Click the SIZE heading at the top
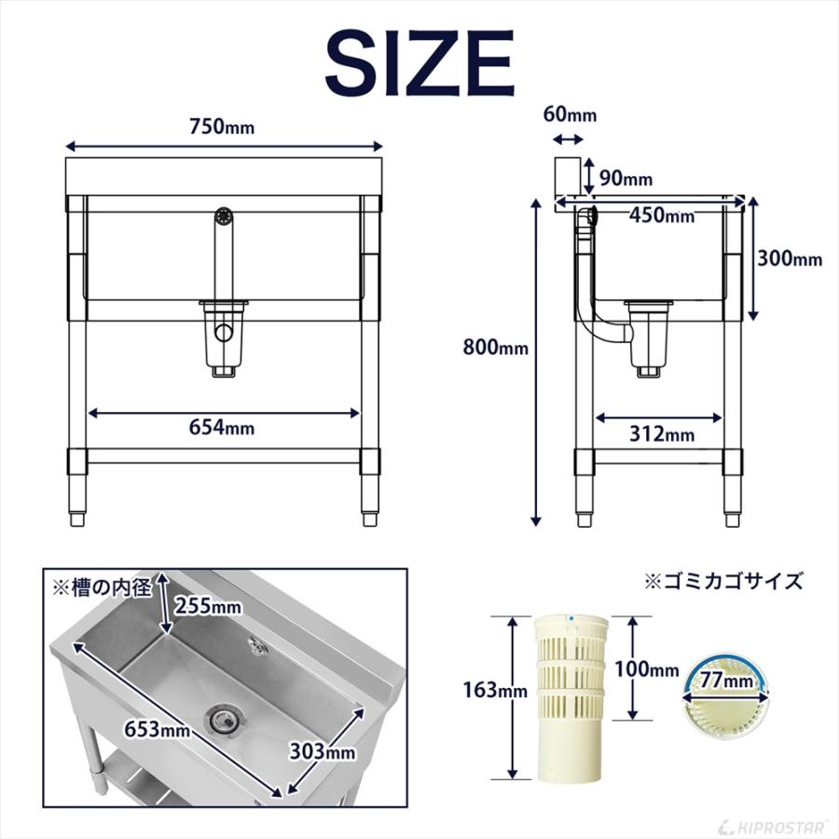[x=419, y=62]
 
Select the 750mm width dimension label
[x=224, y=128]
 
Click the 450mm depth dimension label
[x=661, y=215]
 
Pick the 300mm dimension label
[x=789, y=259]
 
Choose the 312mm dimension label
[x=661, y=433]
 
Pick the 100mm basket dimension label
[x=647, y=669]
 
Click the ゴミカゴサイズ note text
[x=723, y=581]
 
